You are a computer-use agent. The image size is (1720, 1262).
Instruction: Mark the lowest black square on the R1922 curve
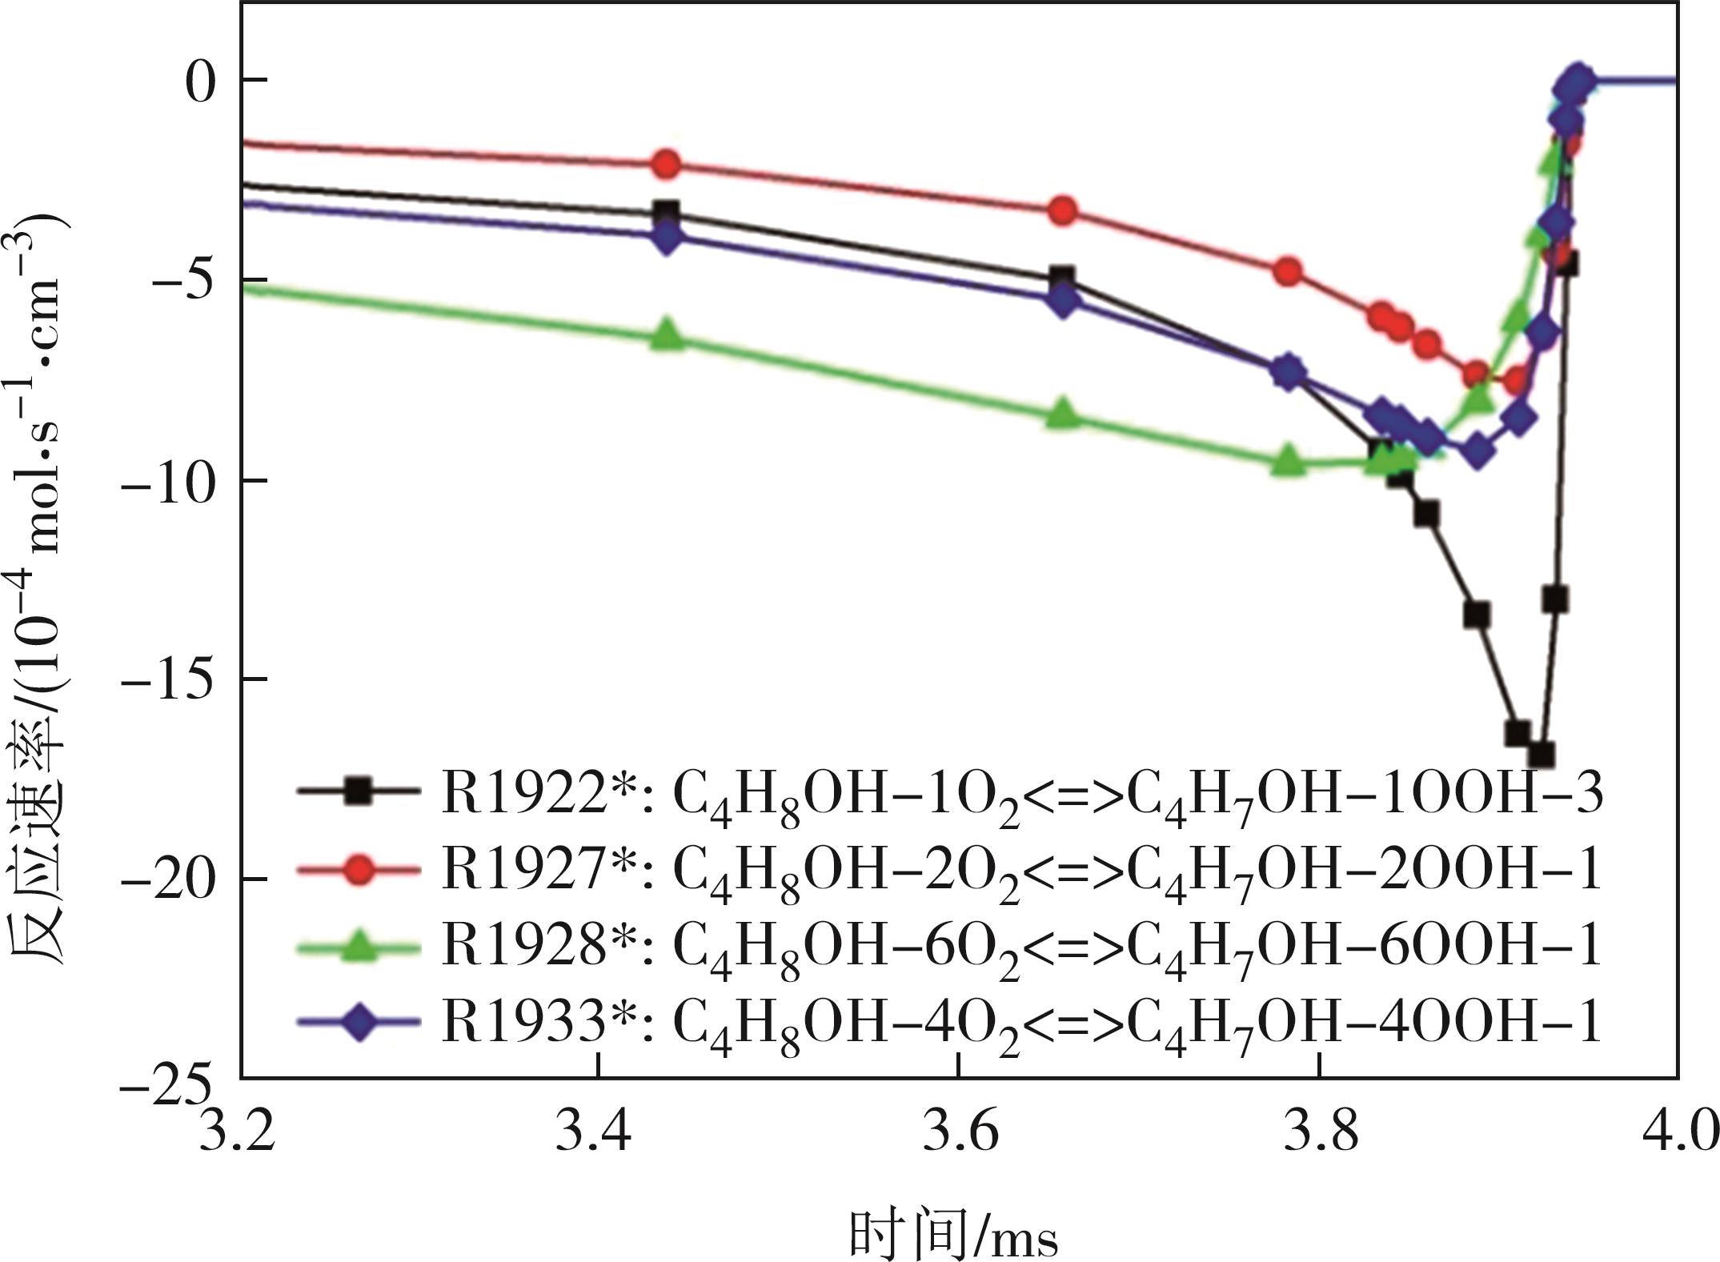(x=1541, y=755)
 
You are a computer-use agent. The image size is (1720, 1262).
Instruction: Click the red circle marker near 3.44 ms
(x=666, y=164)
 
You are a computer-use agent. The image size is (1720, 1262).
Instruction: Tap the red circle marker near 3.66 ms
(x=1063, y=210)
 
